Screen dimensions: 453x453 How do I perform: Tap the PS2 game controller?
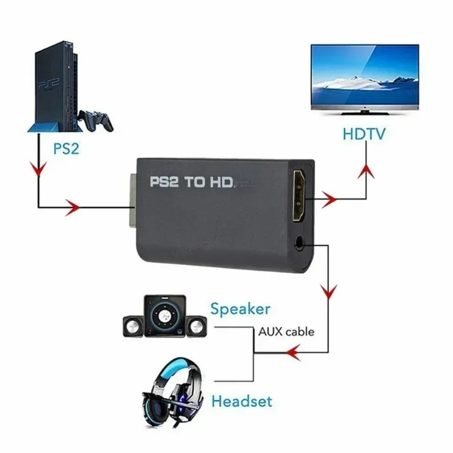tap(96, 119)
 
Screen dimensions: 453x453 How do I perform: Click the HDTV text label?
tap(364, 134)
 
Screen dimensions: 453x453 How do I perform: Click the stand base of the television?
tap(364, 111)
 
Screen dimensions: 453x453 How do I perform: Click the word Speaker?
tap(240, 309)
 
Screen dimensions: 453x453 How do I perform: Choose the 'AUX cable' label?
tap(286, 332)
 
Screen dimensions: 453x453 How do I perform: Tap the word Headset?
tap(242, 402)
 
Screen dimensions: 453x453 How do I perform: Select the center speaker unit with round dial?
tap(164, 315)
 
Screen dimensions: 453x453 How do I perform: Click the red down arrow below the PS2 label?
tap(38, 169)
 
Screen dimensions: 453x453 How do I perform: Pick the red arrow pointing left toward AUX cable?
tap(292, 353)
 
